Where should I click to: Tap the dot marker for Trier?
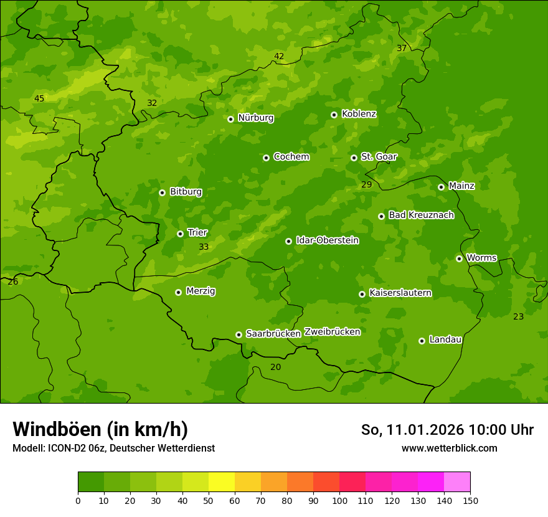coord(180,234)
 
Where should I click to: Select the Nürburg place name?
coord(255,118)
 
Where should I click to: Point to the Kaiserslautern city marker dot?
coord(362,294)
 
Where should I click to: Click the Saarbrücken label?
coord(273,334)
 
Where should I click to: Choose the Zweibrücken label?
coord(332,332)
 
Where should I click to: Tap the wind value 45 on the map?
coord(39,98)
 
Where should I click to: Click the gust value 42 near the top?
coord(279,57)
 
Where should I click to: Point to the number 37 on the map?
coord(402,49)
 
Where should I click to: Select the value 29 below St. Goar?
coord(367,184)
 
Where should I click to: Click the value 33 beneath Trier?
coord(204,247)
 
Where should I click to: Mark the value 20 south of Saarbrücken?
coord(276,367)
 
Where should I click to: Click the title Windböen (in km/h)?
coord(100,429)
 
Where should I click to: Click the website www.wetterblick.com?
coord(449,448)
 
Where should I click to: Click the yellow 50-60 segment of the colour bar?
coord(222,481)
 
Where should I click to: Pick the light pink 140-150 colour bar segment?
coord(457,481)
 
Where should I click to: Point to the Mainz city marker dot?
coord(441,187)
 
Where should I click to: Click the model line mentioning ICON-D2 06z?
coord(113,448)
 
